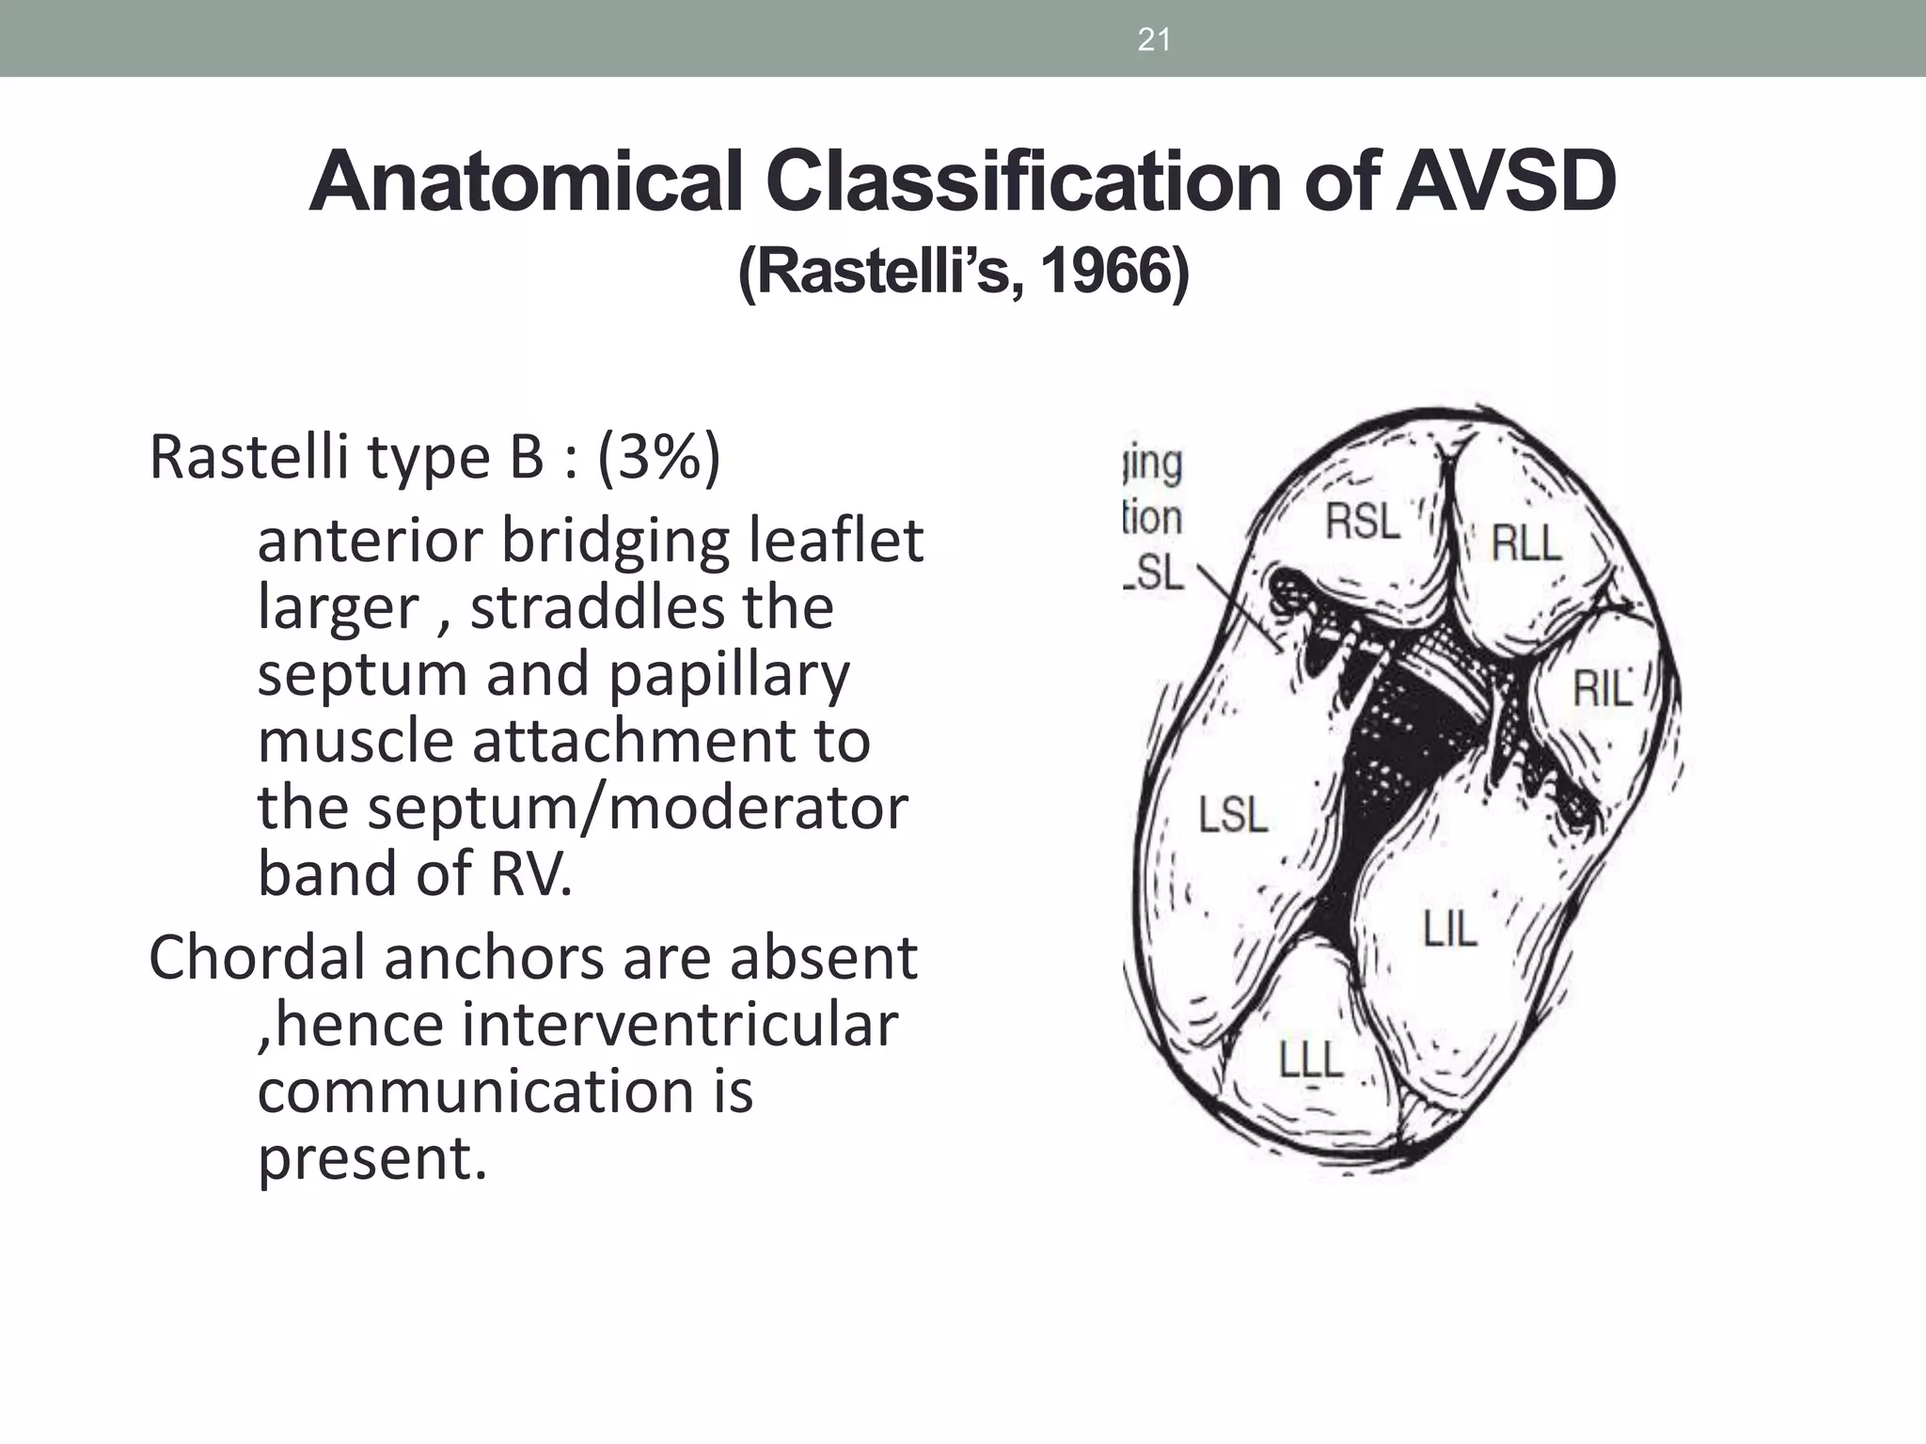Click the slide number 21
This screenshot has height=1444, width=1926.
[x=1153, y=39]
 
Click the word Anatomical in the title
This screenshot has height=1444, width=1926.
[x=528, y=181]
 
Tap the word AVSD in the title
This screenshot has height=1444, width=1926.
[x=1504, y=181]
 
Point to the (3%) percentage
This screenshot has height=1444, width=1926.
[x=658, y=457]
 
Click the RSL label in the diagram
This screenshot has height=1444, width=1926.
[x=1363, y=520]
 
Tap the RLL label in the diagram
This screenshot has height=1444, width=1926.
[x=1525, y=542]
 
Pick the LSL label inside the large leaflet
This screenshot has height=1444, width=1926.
[x=1233, y=814]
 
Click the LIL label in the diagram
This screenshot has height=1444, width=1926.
[x=1450, y=929]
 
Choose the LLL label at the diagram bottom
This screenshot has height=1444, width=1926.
[x=1311, y=1060]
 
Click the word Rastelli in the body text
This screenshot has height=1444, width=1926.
[x=249, y=457]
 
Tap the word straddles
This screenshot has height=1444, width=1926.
[x=598, y=607]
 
